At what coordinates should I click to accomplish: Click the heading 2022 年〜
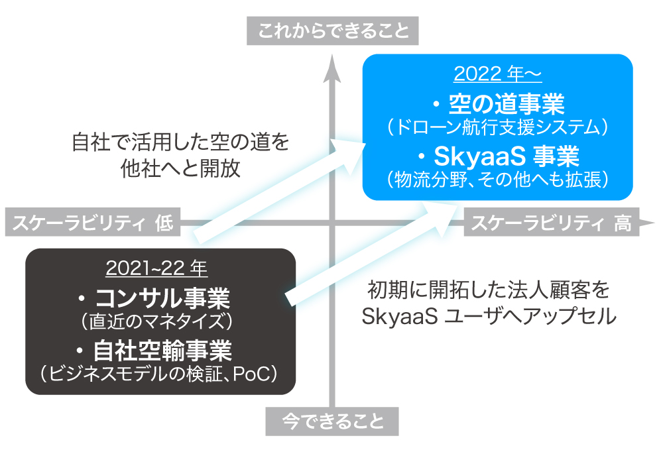click(x=497, y=74)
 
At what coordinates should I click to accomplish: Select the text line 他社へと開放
click(x=180, y=168)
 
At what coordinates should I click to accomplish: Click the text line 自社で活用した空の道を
click(x=180, y=142)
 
